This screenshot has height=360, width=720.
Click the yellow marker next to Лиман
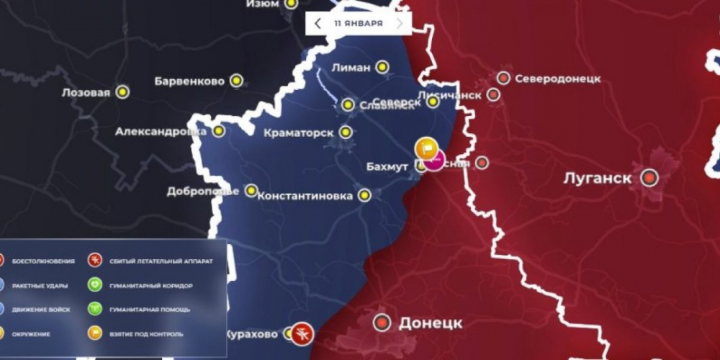pyautogui.click(x=382, y=67)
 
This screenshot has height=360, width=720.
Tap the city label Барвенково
pyautogui.click(x=189, y=81)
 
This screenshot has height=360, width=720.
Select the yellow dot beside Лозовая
pyautogui.click(x=123, y=92)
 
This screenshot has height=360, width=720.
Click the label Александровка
pyautogui.click(x=161, y=132)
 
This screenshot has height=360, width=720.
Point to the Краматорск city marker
pyautogui.click(x=346, y=132)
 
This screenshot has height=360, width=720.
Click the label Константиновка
pyautogui.click(x=305, y=195)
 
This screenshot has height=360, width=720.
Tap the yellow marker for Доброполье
pyautogui.click(x=251, y=191)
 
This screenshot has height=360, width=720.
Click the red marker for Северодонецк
pyautogui.click(x=503, y=78)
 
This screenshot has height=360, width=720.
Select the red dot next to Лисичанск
pyautogui.click(x=493, y=94)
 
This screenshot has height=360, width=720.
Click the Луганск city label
pyautogui.click(x=598, y=177)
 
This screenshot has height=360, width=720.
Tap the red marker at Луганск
pyautogui.click(x=651, y=177)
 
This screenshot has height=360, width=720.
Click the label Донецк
pyautogui.click(x=430, y=323)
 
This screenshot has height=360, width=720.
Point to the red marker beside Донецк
pyautogui.click(x=382, y=323)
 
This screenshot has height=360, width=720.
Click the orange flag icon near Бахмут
pyautogui.click(x=427, y=148)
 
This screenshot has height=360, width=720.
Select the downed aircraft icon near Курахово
pyautogui.click(x=303, y=333)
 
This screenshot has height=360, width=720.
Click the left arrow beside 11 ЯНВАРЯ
pyautogui.click(x=318, y=23)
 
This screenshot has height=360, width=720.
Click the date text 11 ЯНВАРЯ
pyautogui.click(x=358, y=23)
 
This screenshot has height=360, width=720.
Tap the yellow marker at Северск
pyautogui.click(x=433, y=102)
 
